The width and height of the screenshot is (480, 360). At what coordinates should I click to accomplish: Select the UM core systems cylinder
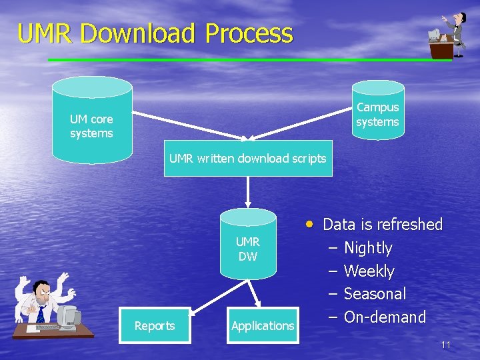pos(92,120)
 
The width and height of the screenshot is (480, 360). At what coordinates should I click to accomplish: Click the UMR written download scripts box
pos(248,159)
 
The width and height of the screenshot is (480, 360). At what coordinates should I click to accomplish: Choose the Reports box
pos(155,326)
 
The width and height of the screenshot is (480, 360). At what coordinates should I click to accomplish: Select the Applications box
pos(263,326)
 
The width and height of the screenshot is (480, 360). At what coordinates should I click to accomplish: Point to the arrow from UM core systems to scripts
pos(190,125)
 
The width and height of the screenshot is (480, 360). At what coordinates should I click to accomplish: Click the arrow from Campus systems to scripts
pos(300,127)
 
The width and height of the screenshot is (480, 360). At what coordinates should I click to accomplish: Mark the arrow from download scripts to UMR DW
pos(248,192)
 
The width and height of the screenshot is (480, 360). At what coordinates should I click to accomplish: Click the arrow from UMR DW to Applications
pos(255,293)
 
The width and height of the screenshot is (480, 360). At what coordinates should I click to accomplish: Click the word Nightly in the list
pos(368,248)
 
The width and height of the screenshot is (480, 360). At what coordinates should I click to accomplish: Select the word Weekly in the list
pos(369,271)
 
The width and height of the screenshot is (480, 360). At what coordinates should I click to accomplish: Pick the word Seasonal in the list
pos(375,294)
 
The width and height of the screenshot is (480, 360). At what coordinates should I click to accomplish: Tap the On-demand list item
pos(385,317)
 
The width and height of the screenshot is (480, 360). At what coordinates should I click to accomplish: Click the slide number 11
pos(445,345)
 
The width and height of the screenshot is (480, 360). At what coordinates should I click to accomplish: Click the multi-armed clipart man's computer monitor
pos(68,317)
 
